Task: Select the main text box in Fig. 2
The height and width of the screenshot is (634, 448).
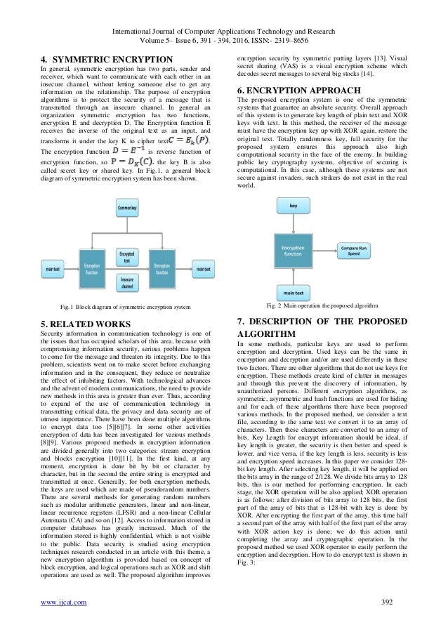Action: coord(294,293)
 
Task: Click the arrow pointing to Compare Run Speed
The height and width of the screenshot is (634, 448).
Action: coord(327,251)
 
